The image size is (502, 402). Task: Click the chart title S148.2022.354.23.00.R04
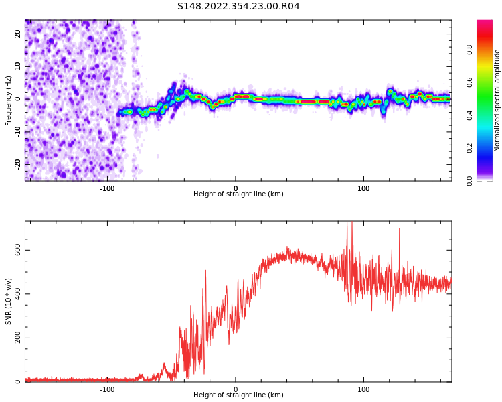(x=238, y=7)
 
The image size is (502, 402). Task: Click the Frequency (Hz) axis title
(x=9, y=100)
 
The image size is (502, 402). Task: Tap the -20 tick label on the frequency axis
(x=17, y=163)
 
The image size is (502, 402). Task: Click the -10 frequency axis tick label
(x=17, y=131)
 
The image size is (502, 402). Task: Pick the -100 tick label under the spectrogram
(x=107, y=188)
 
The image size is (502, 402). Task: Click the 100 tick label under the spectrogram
(x=363, y=188)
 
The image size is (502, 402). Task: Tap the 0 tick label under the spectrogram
(x=236, y=188)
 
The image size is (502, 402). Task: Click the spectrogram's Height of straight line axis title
(x=238, y=194)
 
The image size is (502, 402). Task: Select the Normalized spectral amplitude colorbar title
(x=497, y=100)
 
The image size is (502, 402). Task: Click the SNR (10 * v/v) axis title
(x=9, y=301)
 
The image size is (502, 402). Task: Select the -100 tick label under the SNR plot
(x=107, y=389)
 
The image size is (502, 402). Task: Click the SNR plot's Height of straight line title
(x=238, y=395)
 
